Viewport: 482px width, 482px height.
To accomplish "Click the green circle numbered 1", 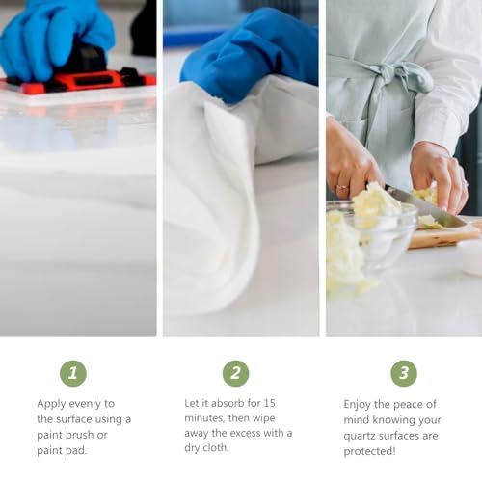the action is click(x=73, y=373).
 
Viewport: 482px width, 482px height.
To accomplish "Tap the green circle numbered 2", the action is click(x=236, y=373).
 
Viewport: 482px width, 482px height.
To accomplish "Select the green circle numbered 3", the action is click(x=404, y=373).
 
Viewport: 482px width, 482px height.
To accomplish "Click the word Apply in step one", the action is click(x=51, y=404).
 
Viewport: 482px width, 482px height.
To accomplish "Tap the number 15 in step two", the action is click(x=269, y=403).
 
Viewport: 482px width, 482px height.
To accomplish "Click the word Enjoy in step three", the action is click(x=358, y=405).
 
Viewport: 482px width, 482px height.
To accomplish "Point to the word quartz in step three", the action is click(x=360, y=437).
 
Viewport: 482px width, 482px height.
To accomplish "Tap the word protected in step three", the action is click(x=369, y=451).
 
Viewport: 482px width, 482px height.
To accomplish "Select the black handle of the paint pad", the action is click(x=87, y=60).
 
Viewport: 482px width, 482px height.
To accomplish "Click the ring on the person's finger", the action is click(x=341, y=187).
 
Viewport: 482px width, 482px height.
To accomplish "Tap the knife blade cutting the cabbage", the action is click(x=424, y=205).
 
